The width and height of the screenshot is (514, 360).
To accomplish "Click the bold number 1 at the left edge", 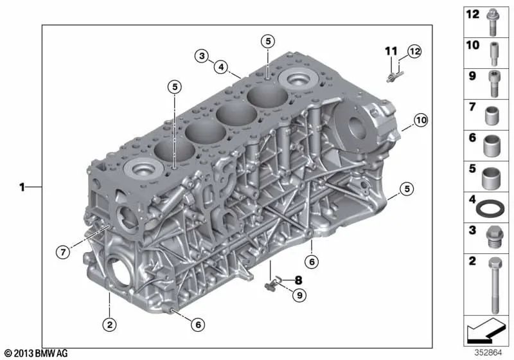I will click(22, 188).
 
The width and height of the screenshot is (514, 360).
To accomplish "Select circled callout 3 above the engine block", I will click(202, 56).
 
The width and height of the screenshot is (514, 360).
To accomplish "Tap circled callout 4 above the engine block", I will click(220, 66).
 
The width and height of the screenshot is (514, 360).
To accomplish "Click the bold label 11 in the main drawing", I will click(391, 51).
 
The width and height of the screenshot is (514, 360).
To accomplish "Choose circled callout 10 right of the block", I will click(420, 120).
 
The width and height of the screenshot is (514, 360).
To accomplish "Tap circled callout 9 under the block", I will click(297, 295).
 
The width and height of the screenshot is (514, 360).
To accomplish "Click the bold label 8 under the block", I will click(297, 280).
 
